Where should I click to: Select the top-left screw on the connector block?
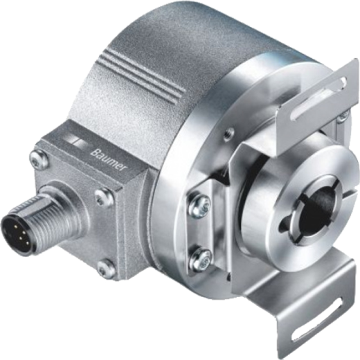[39, 159]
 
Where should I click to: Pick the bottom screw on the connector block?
[107, 269]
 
